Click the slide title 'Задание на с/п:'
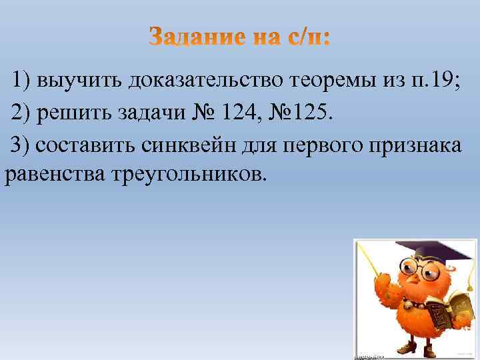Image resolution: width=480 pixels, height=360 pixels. point(239,37)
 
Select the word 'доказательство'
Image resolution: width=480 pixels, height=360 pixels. point(208,81)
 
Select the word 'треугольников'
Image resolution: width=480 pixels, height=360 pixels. point(191,177)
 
